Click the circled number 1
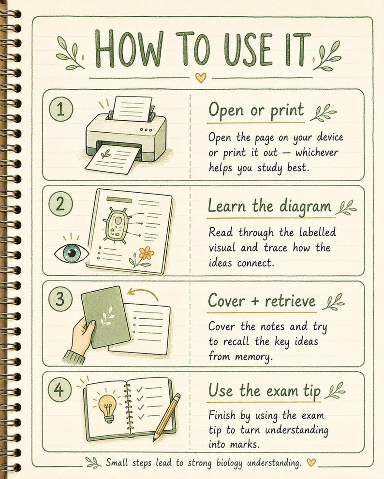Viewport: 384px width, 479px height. coord(61,109)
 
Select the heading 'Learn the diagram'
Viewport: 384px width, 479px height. coord(269,206)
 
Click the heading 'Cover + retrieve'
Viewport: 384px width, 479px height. coord(262,301)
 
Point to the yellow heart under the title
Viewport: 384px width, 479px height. coord(201,78)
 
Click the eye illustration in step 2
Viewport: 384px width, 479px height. coord(72,253)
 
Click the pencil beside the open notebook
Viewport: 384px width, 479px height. coord(167,417)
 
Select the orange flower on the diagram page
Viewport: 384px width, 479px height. coord(146,253)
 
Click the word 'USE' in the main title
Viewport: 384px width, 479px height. coord(247,49)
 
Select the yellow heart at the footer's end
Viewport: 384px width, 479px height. coord(311,462)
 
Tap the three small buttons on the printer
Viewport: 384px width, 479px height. coord(146,130)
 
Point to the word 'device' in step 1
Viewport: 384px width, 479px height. coord(330,137)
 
